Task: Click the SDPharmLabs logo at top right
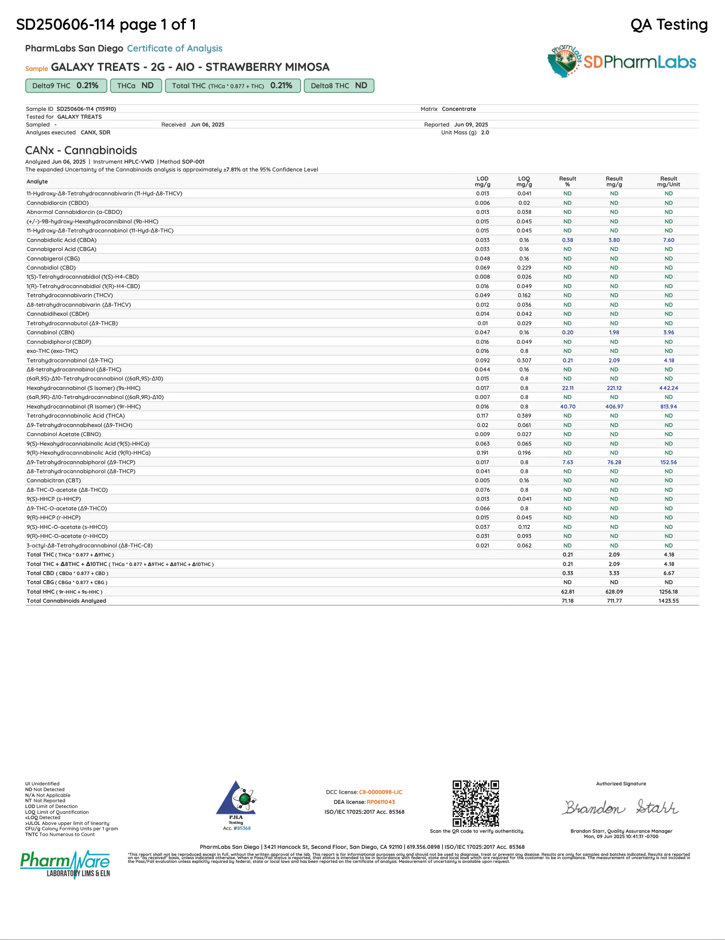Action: (x=621, y=61)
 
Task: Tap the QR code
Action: (x=475, y=803)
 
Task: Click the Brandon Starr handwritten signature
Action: (x=620, y=807)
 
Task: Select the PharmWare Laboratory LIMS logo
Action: (x=65, y=864)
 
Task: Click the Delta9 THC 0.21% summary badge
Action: (x=66, y=86)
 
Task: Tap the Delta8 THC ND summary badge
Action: (x=339, y=86)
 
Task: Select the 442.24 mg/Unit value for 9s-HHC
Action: (x=668, y=388)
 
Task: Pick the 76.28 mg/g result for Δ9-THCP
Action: (x=614, y=462)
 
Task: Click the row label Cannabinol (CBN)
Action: (x=50, y=333)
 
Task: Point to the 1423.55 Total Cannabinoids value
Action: (x=668, y=601)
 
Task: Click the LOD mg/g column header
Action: (x=482, y=182)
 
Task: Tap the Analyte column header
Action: (x=37, y=182)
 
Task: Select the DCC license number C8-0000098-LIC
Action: (x=380, y=792)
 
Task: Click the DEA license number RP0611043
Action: (x=381, y=802)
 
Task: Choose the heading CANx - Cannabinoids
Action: (x=81, y=150)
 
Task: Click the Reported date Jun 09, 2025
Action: (x=471, y=125)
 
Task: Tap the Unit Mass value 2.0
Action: (x=485, y=133)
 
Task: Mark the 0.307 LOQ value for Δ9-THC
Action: (x=524, y=361)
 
